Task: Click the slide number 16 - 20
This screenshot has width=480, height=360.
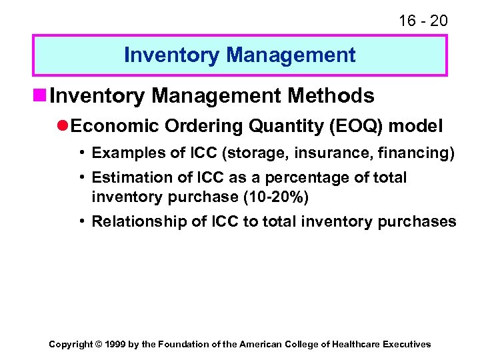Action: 423,21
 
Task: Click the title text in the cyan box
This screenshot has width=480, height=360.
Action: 240,55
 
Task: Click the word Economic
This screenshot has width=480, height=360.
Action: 113,127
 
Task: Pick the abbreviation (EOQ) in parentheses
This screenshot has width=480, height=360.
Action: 359,127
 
